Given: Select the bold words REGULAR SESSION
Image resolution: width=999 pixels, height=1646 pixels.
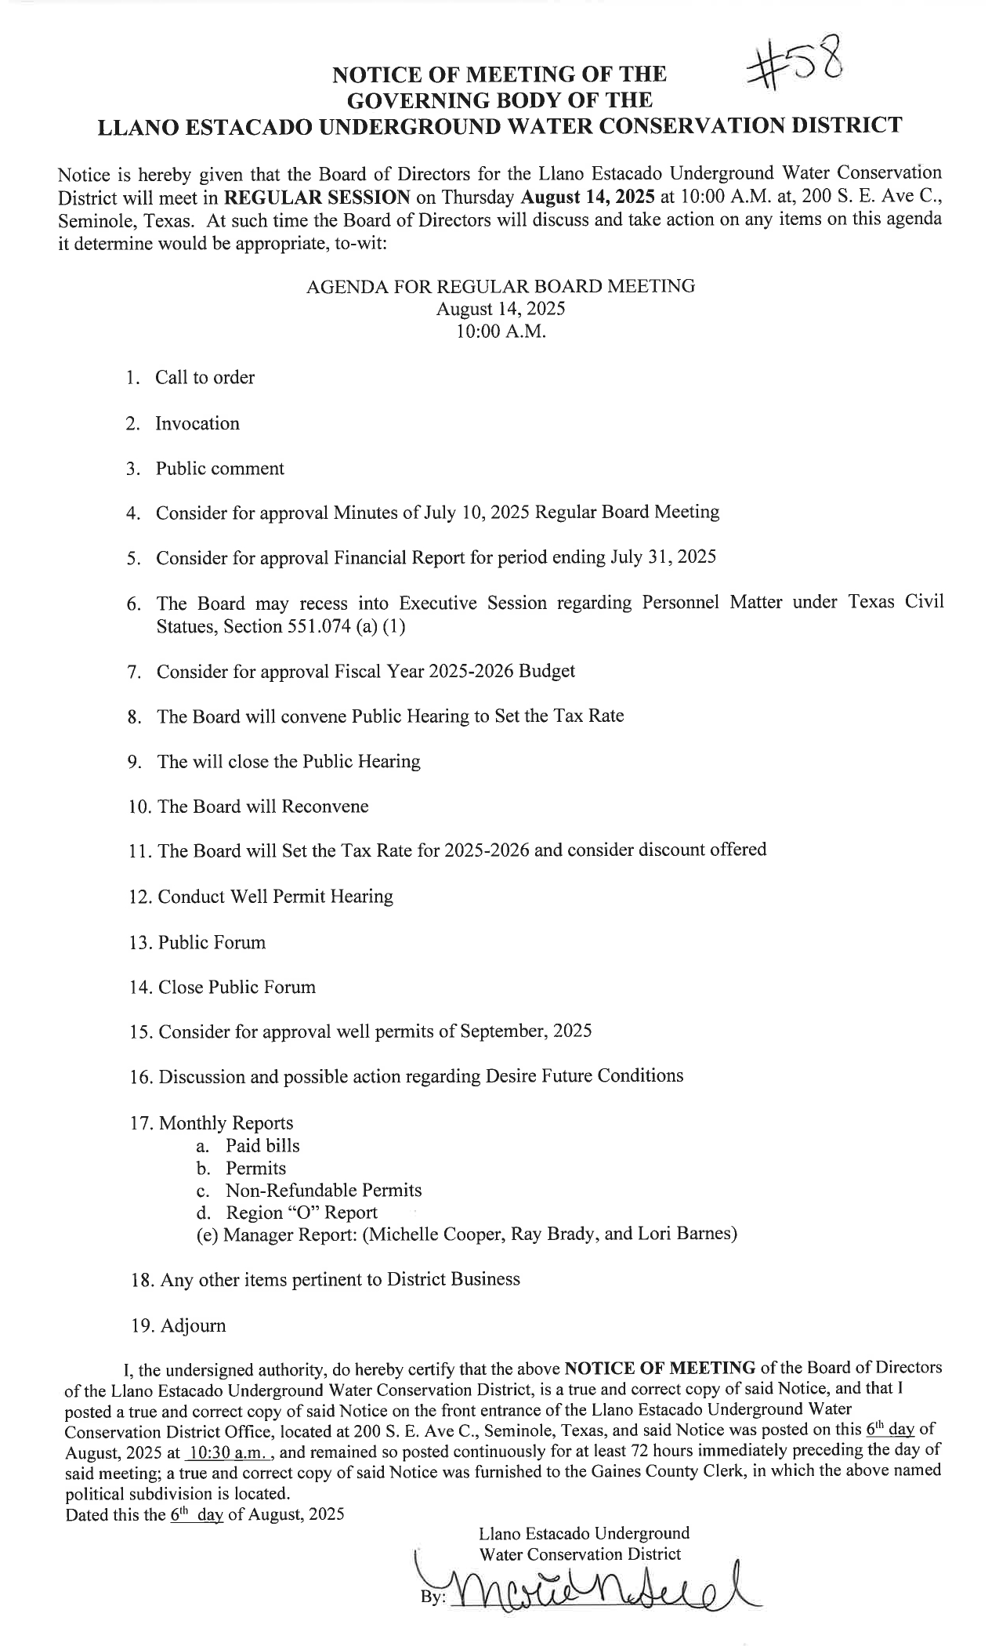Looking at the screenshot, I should click(x=317, y=196).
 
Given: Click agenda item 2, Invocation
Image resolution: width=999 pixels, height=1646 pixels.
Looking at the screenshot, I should click(x=197, y=424).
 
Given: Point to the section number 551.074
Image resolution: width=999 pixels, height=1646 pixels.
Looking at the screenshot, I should click(x=292, y=627).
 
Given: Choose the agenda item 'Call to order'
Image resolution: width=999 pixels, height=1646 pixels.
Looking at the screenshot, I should click(x=205, y=378).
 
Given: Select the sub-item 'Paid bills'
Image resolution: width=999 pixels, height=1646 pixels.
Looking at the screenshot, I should click(x=262, y=1146).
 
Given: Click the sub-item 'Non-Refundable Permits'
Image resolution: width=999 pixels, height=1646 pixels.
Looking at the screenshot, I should click(x=324, y=1191).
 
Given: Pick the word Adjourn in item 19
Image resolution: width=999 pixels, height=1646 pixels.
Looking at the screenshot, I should click(x=193, y=1325).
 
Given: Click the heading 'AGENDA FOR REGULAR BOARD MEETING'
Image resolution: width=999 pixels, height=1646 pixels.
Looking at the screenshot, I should click(x=500, y=287).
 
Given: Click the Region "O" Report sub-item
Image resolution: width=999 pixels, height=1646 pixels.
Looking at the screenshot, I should click(x=302, y=1213).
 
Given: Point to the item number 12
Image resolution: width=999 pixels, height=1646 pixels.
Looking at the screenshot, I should click(x=139, y=897).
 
